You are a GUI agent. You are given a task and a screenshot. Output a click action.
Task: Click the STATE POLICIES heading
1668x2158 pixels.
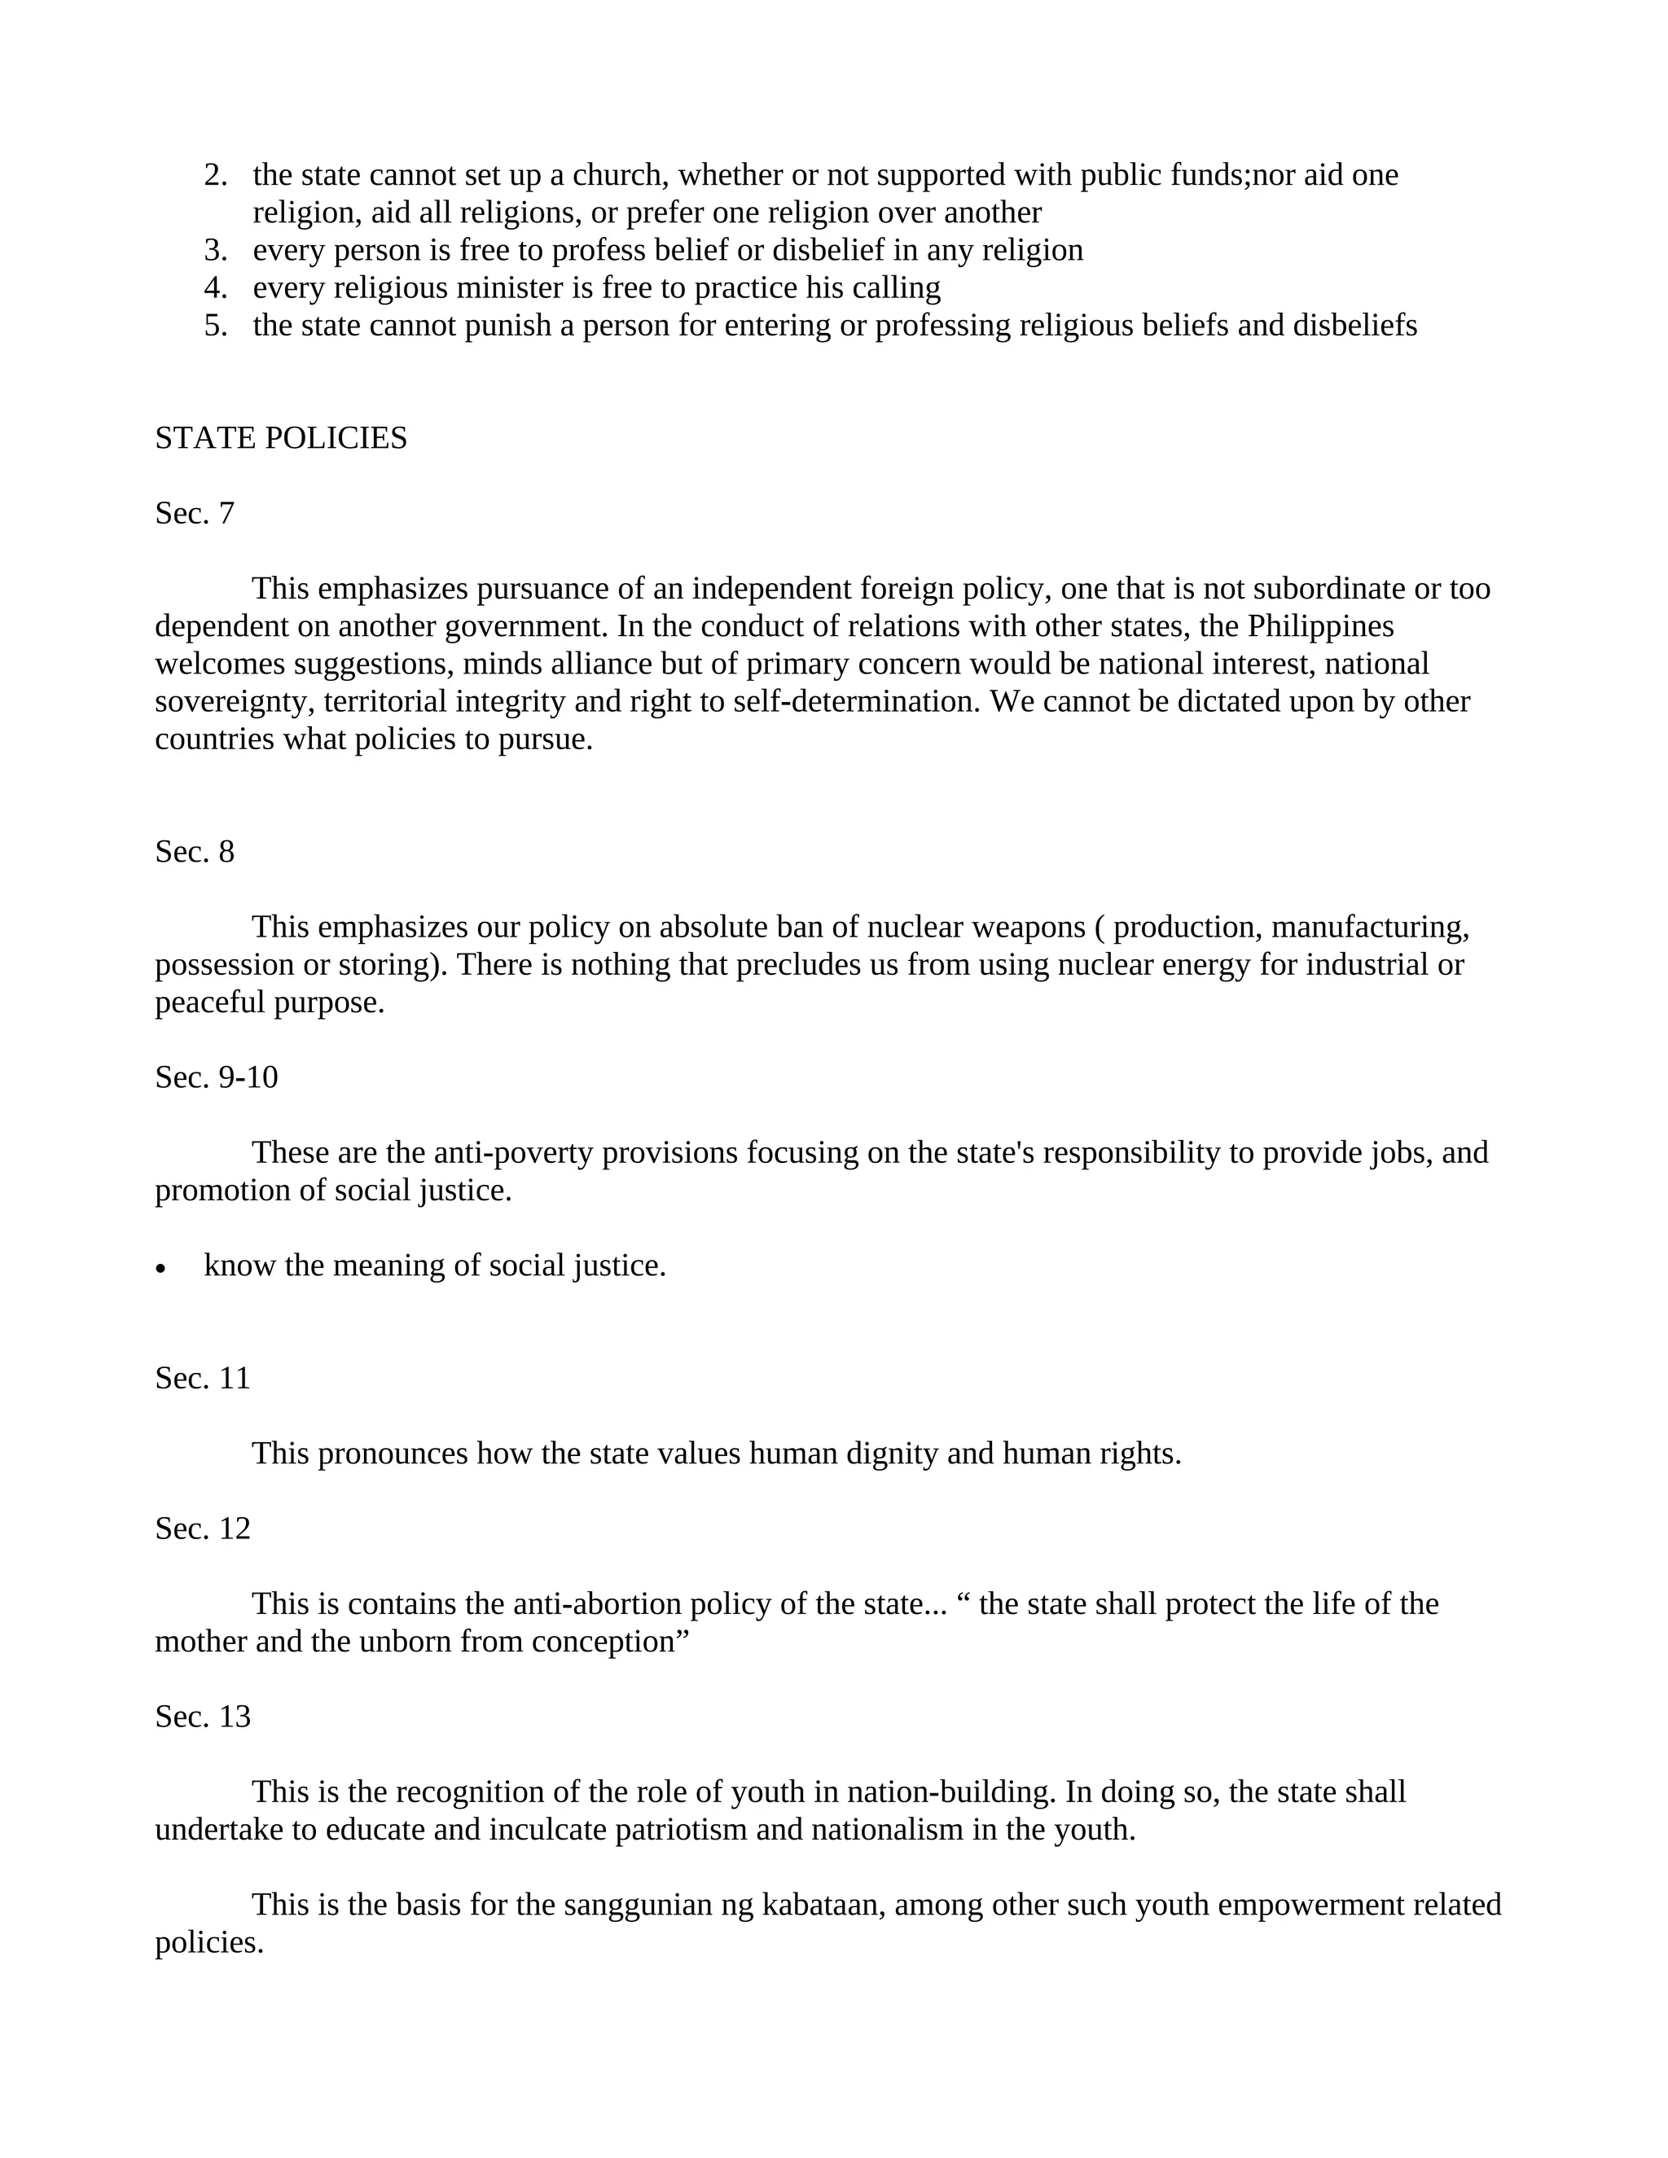pos(281,438)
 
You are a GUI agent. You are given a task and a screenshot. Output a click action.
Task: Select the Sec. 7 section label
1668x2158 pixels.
pos(195,513)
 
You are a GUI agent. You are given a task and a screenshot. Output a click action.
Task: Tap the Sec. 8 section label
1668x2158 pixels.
pos(195,852)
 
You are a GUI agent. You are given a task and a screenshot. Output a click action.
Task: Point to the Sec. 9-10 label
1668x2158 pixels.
pos(217,1077)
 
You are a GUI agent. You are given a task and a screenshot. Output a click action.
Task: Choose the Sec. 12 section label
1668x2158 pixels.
pos(203,1529)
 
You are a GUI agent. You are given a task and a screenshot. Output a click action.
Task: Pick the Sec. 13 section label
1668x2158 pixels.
pos(203,1717)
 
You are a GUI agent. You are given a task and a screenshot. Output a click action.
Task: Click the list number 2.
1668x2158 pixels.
pos(214,175)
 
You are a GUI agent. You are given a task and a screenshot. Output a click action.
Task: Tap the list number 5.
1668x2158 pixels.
pos(214,325)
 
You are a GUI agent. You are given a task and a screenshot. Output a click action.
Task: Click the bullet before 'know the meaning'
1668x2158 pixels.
pos(161,1269)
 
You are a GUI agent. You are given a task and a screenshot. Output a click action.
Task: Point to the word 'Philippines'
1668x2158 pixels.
pos(1320,626)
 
